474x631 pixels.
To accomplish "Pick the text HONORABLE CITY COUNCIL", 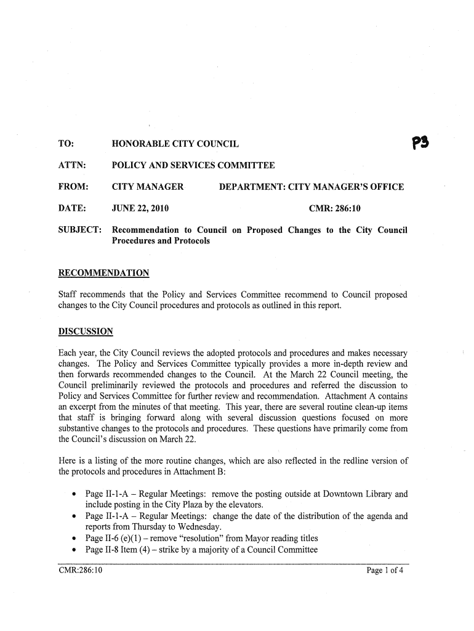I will click(x=175, y=144).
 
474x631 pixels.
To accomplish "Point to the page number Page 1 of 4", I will click(x=385, y=571).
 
